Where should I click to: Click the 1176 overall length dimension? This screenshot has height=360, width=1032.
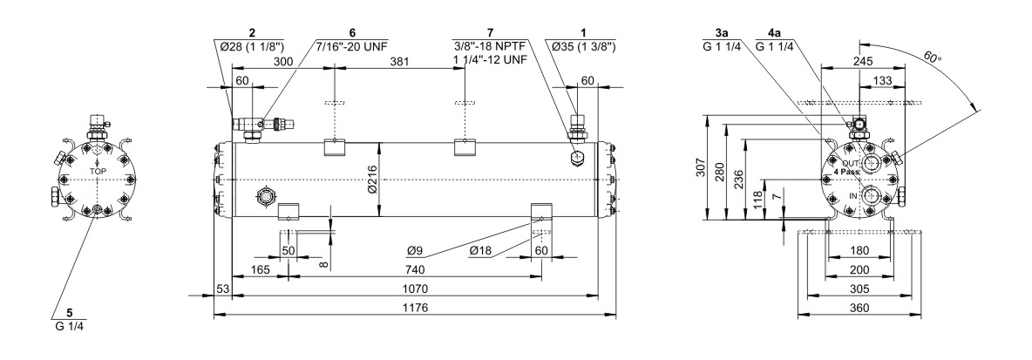414,308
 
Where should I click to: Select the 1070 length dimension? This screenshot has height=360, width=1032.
414,289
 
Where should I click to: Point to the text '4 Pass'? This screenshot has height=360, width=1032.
845,173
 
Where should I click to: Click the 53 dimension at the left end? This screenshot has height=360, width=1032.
221,289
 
